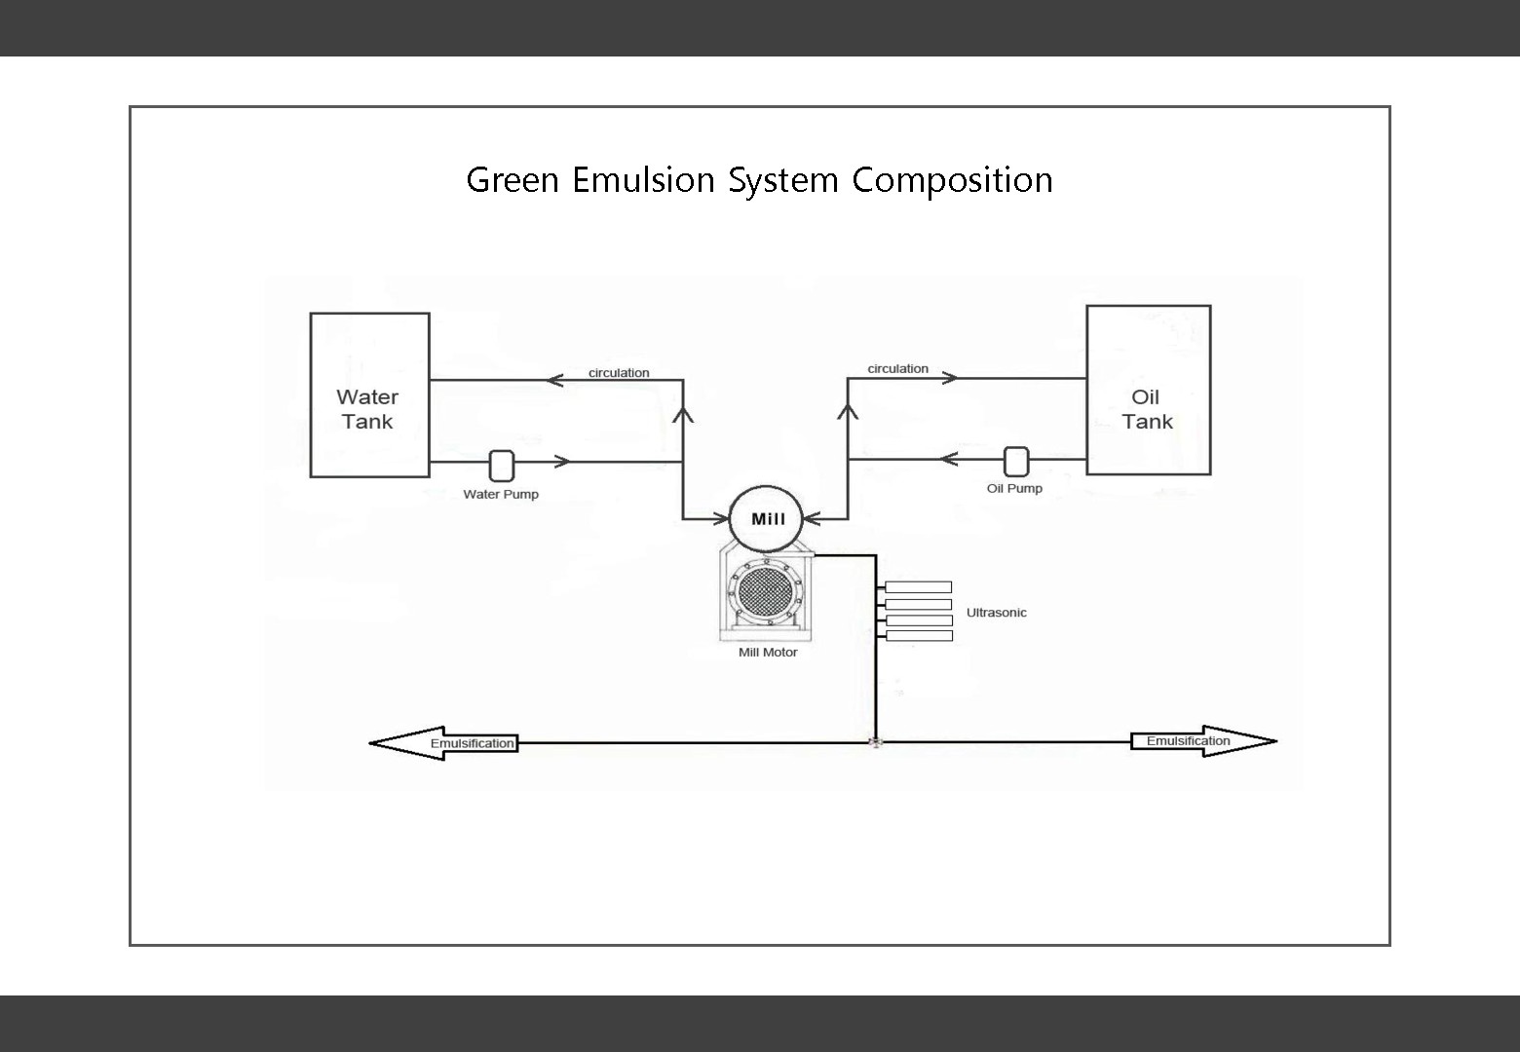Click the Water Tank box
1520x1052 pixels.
click(x=369, y=394)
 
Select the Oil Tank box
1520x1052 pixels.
click(x=1148, y=390)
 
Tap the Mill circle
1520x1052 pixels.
click(x=767, y=519)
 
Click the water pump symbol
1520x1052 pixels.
click(x=501, y=466)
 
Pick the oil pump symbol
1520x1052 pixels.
click(x=1015, y=462)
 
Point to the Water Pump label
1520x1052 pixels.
click(x=501, y=494)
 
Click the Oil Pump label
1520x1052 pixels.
click(x=1014, y=488)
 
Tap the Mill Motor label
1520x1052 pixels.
click(x=768, y=653)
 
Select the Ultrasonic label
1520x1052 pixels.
click(x=996, y=613)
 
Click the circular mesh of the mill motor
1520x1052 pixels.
click(x=766, y=592)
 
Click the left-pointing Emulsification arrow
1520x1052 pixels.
click(x=444, y=743)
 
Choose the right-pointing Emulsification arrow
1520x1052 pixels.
click(x=1202, y=741)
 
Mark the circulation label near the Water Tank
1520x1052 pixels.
click(x=619, y=373)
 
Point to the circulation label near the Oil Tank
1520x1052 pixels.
click(x=897, y=368)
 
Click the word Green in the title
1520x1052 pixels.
click(x=513, y=180)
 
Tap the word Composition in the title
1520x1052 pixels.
click(x=952, y=180)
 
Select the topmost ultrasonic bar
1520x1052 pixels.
click(x=919, y=587)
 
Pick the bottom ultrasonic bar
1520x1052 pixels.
click(x=919, y=636)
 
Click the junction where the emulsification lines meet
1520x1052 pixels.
click(x=875, y=742)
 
